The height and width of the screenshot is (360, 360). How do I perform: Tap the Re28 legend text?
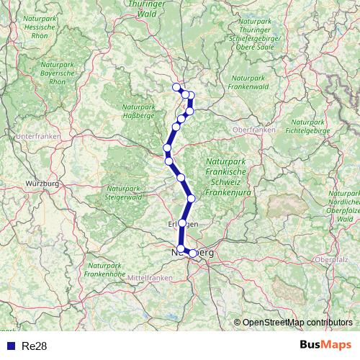[35, 346]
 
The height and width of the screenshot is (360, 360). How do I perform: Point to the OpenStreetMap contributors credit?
[297, 323]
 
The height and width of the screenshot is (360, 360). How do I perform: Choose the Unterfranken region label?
[36, 136]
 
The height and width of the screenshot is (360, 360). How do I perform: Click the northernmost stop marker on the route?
[176, 88]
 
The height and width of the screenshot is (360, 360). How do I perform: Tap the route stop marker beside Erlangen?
[183, 222]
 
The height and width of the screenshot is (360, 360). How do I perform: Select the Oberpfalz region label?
[332, 258]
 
